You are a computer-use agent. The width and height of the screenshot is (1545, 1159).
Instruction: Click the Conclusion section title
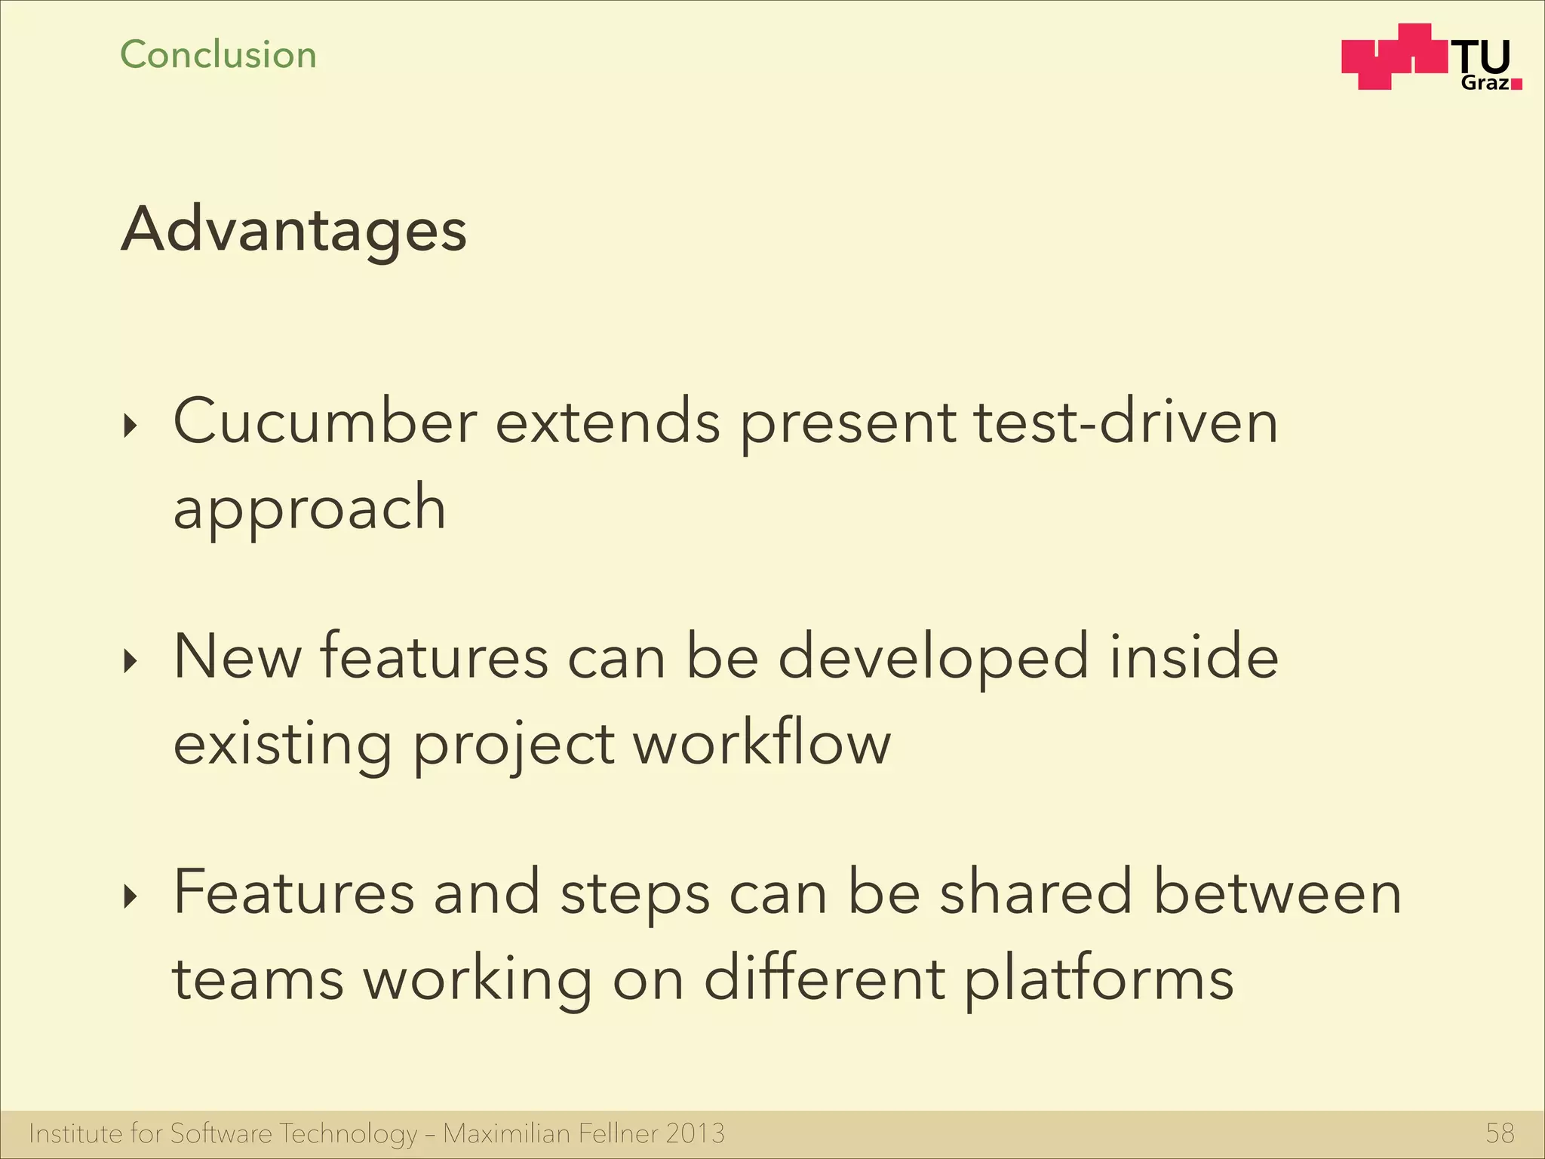coord(218,55)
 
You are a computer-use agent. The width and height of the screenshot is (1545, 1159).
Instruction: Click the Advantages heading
coord(294,230)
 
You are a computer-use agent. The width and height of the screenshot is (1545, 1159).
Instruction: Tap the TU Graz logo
coord(1431,58)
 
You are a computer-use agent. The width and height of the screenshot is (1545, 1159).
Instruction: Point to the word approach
coord(309,508)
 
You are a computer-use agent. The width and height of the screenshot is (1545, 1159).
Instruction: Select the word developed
coord(933,657)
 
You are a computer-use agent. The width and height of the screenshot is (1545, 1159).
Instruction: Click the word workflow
coord(762,743)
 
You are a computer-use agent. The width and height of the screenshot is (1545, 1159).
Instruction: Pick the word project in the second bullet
coord(514,746)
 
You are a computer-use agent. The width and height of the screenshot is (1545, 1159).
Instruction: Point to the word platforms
coord(1099,979)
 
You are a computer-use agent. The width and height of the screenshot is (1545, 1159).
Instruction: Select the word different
coord(824,978)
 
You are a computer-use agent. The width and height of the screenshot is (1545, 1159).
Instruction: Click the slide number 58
coord(1500,1133)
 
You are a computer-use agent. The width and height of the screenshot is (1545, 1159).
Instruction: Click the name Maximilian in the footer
coord(506,1133)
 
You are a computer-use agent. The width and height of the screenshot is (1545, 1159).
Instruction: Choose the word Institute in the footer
coord(75,1133)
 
